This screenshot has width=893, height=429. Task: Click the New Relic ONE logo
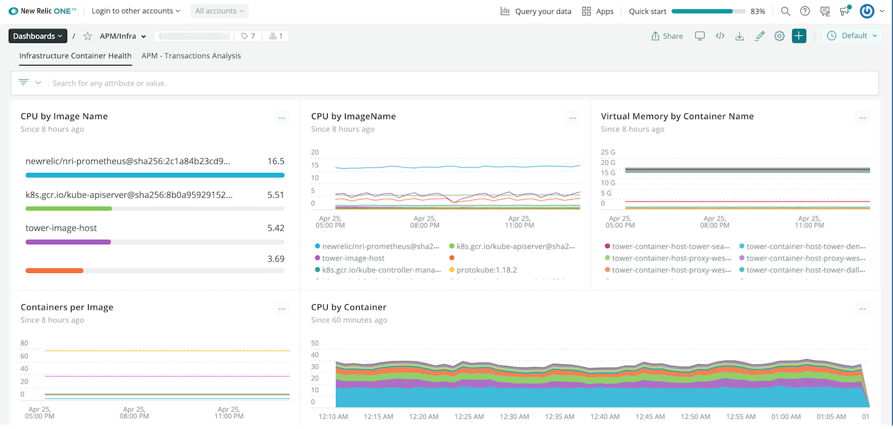[42, 11]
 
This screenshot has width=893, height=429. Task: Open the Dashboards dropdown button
[38, 36]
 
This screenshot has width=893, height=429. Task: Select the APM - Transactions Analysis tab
[191, 55]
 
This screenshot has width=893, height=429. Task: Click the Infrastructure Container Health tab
[75, 55]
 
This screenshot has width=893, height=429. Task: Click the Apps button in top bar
[598, 11]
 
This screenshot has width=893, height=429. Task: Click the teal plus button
[799, 36]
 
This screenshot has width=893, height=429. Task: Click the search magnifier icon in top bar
[786, 11]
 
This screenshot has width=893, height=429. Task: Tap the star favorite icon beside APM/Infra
[87, 36]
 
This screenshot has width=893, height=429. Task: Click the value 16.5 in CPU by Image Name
[276, 161]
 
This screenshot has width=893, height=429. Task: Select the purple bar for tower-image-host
[68, 242]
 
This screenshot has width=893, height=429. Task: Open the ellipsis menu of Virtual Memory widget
[862, 118]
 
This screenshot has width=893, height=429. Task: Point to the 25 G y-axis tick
[608, 152]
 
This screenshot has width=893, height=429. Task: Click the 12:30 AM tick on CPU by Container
[514, 417]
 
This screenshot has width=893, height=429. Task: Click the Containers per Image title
[67, 307]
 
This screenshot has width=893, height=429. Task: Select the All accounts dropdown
[219, 11]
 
